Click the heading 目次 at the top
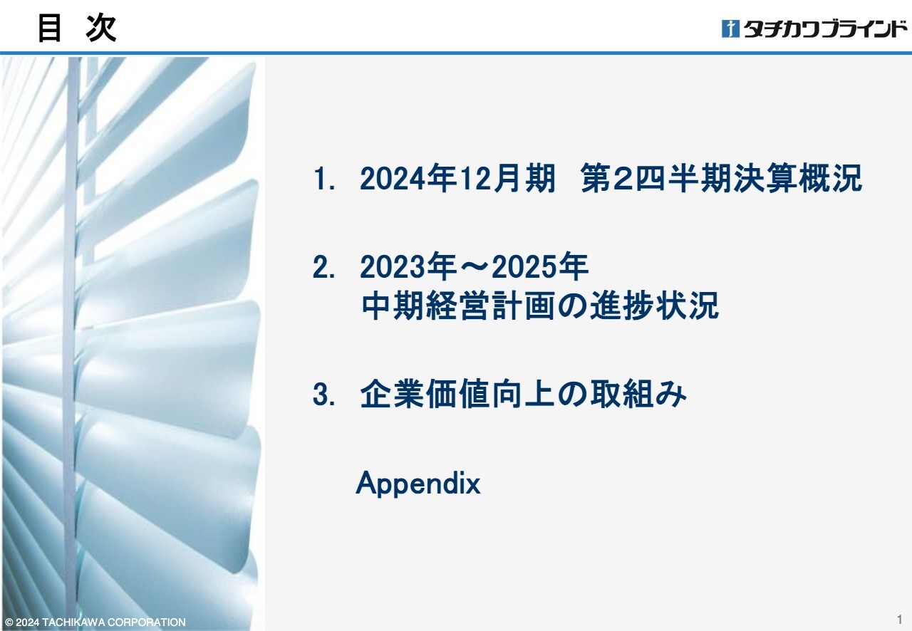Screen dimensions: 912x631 pyautogui.click(x=77, y=28)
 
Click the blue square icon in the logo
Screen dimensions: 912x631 pyautogui.click(x=730, y=28)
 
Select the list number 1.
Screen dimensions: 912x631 pyautogui.click(x=323, y=178)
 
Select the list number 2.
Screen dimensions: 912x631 pyautogui.click(x=323, y=267)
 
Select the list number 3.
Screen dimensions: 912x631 pyautogui.click(x=323, y=394)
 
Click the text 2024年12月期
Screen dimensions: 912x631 pyautogui.click(x=457, y=178)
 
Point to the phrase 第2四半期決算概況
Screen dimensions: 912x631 pyautogui.click(x=722, y=178)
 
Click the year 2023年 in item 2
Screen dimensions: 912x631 pyautogui.click(x=408, y=266)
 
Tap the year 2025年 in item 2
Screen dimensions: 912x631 pyautogui.click(x=540, y=266)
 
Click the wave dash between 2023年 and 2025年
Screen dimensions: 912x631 pyautogui.click(x=474, y=266)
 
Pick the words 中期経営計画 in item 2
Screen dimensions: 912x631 pyautogui.click(x=459, y=306)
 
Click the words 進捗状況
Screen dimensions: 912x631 pyautogui.click(x=655, y=306)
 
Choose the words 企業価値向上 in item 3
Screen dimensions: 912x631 pyautogui.click(x=457, y=394)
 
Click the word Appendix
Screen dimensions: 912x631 pyautogui.click(x=418, y=483)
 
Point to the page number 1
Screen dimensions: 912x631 pyautogui.click(x=899, y=619)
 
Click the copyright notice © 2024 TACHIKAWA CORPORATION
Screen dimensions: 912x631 pyautogui.click(x=95, y=622)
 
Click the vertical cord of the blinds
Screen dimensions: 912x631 pyautogui.click(x=73, y=342)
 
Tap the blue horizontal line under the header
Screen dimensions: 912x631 pyautogui.click(x=456, y=53)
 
